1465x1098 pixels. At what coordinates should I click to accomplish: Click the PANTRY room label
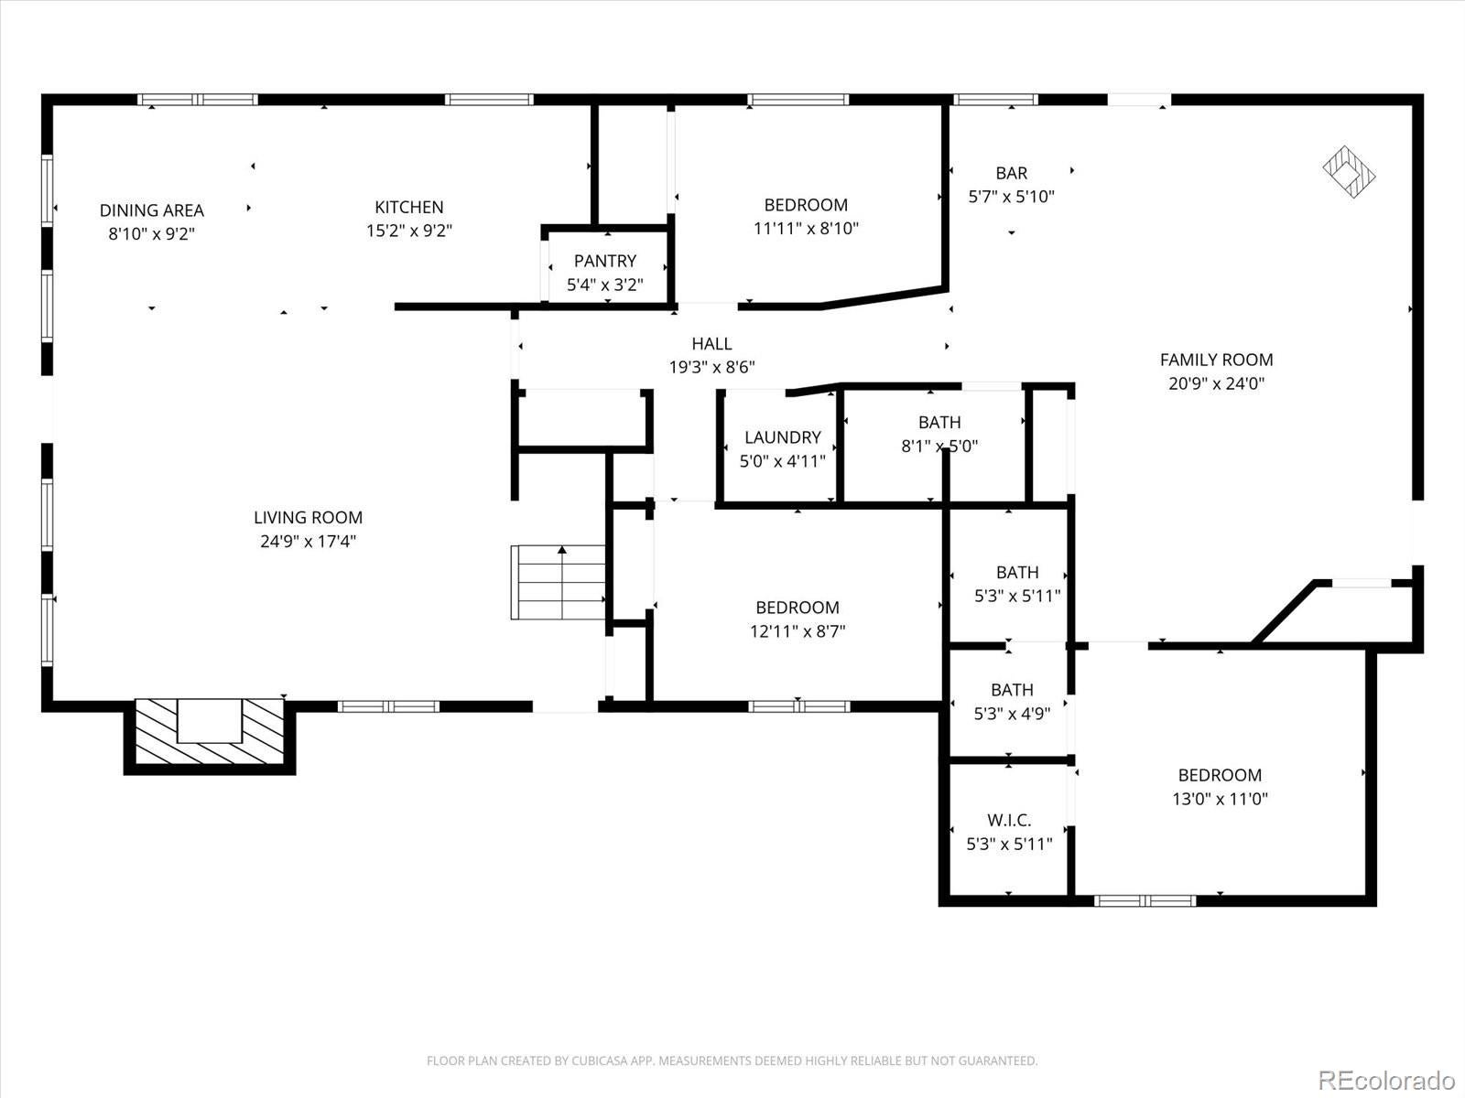[x=604, y=262]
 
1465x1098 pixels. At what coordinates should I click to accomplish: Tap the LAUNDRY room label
[x=782, y=437]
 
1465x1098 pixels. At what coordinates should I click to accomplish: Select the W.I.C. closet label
[x=1009, y=821]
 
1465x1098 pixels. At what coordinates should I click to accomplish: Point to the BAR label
[x=1011, y=173]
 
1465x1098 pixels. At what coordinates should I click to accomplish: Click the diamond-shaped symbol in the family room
[x=1350, y=171]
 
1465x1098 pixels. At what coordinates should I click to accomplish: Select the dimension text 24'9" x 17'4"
[x=308, y=541]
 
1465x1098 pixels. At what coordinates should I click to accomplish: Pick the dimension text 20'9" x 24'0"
[x=1216, y=383]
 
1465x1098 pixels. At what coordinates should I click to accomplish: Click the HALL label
[x=711, y=344]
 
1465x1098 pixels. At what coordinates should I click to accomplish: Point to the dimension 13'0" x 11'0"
[x=1220, y=798]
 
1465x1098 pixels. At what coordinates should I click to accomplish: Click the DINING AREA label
[x=152, y=210]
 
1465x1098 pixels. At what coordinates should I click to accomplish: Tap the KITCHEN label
[x=409, y=208]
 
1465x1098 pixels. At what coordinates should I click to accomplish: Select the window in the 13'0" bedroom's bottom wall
[x=1145, y=900]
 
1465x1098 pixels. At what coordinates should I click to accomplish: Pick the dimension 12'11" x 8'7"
[x=797, y=630]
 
